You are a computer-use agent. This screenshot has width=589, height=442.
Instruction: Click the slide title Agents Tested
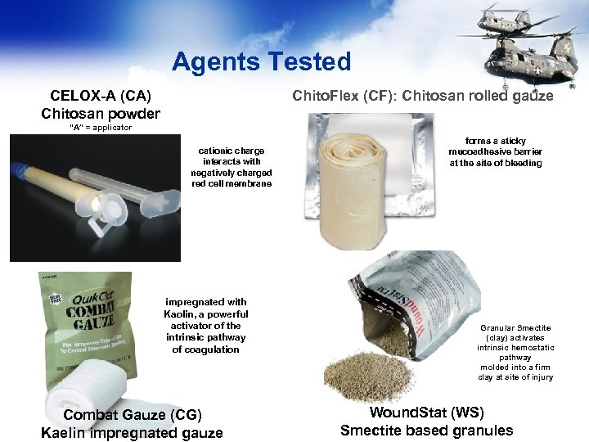coord(261,61)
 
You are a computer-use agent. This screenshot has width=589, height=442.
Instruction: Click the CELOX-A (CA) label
coord(101,96)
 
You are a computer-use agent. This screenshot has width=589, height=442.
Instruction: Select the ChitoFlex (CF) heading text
coord(422,96)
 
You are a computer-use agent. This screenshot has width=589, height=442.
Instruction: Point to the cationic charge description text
coord(232,167)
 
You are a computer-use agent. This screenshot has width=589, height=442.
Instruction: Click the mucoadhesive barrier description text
coord(495,151)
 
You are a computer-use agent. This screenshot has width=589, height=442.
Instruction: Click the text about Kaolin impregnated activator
coord(206,326)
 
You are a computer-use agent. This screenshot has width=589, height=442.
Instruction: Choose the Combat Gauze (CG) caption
coord(132,423)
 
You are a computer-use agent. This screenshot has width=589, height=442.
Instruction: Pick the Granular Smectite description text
coord(515,352)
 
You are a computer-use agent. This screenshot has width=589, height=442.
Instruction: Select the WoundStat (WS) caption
coord(426,421)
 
